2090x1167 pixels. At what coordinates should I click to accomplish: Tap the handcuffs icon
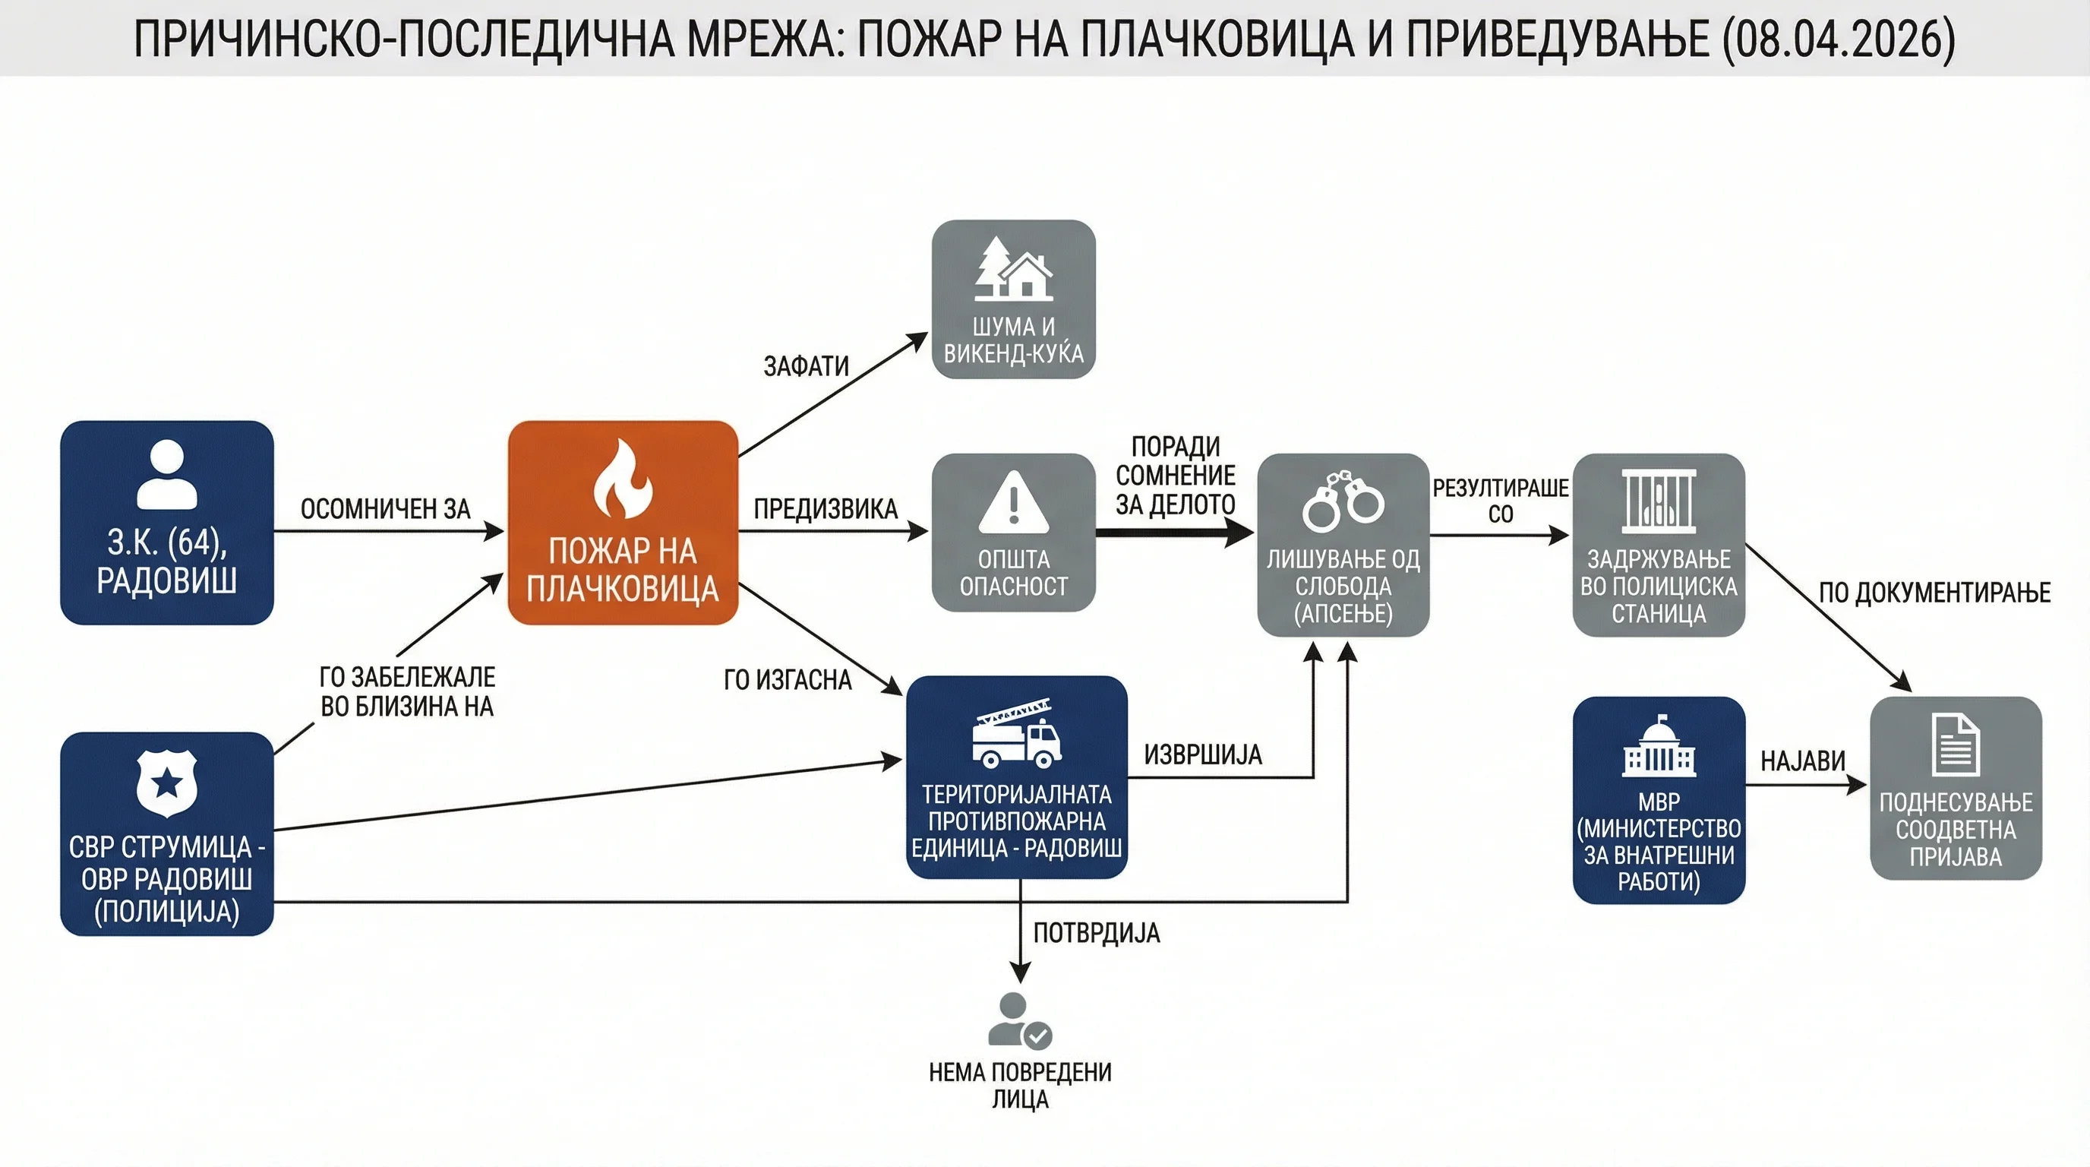click(1343, 501)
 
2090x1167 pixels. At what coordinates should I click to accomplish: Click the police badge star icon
click(167, 783)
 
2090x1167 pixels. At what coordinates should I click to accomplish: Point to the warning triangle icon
click(1013, 502)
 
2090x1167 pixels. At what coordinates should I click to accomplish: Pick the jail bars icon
click(1659, 501)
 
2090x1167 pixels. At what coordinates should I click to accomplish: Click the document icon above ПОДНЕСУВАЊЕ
click(1956, 744)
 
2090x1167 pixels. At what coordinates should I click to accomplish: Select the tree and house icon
click(1013, 269)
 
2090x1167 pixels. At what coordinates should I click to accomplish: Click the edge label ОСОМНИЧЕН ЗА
click(385, 509)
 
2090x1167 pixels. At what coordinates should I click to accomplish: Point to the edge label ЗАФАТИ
click(807, 366)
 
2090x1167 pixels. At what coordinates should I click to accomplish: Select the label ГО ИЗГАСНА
click(788, 680)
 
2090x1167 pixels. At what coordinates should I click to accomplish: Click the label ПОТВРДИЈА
click(1097, 933)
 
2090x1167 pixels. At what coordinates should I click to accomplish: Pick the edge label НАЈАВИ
click(1803, 761)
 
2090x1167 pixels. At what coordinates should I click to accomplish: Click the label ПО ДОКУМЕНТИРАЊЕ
click(1935, 593)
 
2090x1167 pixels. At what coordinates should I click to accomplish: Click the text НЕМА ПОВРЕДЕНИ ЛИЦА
click(1020, 1086)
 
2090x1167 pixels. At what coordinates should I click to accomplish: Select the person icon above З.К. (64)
click(167, 474)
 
